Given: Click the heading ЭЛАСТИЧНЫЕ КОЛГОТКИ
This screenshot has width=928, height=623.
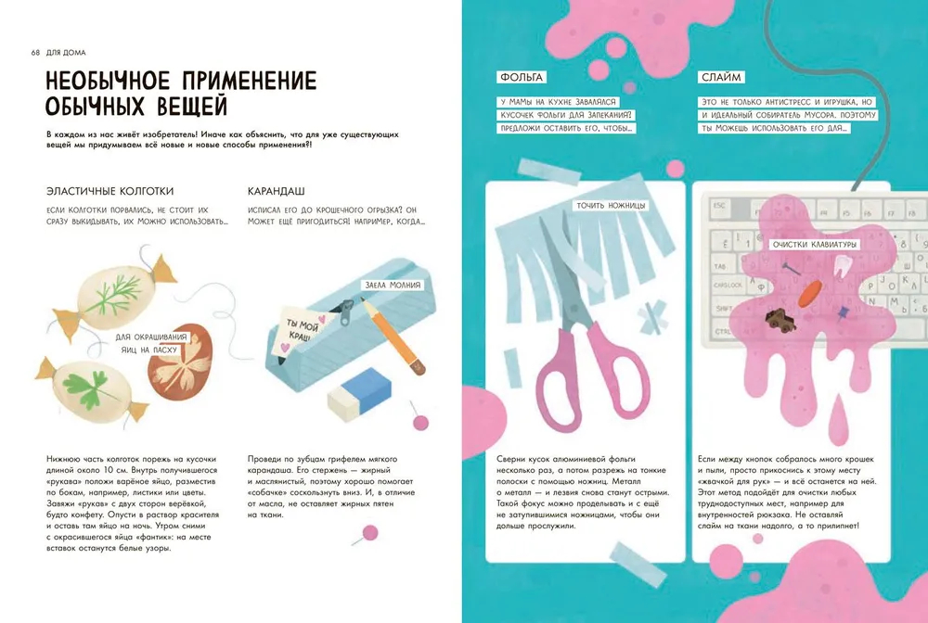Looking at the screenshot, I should [110, 191].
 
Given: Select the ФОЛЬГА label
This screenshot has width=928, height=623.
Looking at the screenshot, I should [520, 77].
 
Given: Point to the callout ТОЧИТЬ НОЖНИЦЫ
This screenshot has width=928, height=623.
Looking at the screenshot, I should [610, 206].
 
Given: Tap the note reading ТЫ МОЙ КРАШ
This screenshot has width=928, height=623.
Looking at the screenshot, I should [298, 331].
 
